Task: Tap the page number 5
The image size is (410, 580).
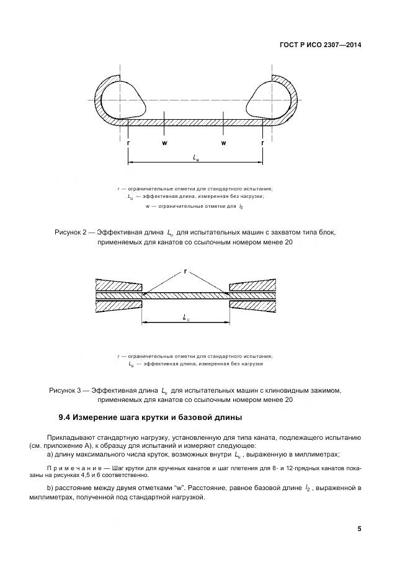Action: pyautogui.click(x=359, y=529)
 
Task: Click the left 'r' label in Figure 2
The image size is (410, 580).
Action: pyautogui.click(x=128, y=143)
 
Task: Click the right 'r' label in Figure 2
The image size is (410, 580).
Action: pyautogui.click(x=263, y=143)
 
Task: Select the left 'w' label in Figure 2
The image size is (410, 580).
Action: pyautogui.click(x=164, y=143)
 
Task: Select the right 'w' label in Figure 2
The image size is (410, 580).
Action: pyautogui.click(x=223, y=143)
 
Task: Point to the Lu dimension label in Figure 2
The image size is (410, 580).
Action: pyautogui.click(x=196, y=158)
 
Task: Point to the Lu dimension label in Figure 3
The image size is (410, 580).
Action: pyautogui.click(x=186, y=316)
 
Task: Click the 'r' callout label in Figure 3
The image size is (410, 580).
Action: pyautogui.click(x=185, y=271)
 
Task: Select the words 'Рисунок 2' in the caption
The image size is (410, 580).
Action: pyautogui.click(x=72, y=232)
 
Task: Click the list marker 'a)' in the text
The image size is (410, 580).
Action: pyautogui.click(x=50, y=454)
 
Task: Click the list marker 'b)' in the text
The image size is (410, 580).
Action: pyautogui.click(x=50, y=489)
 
